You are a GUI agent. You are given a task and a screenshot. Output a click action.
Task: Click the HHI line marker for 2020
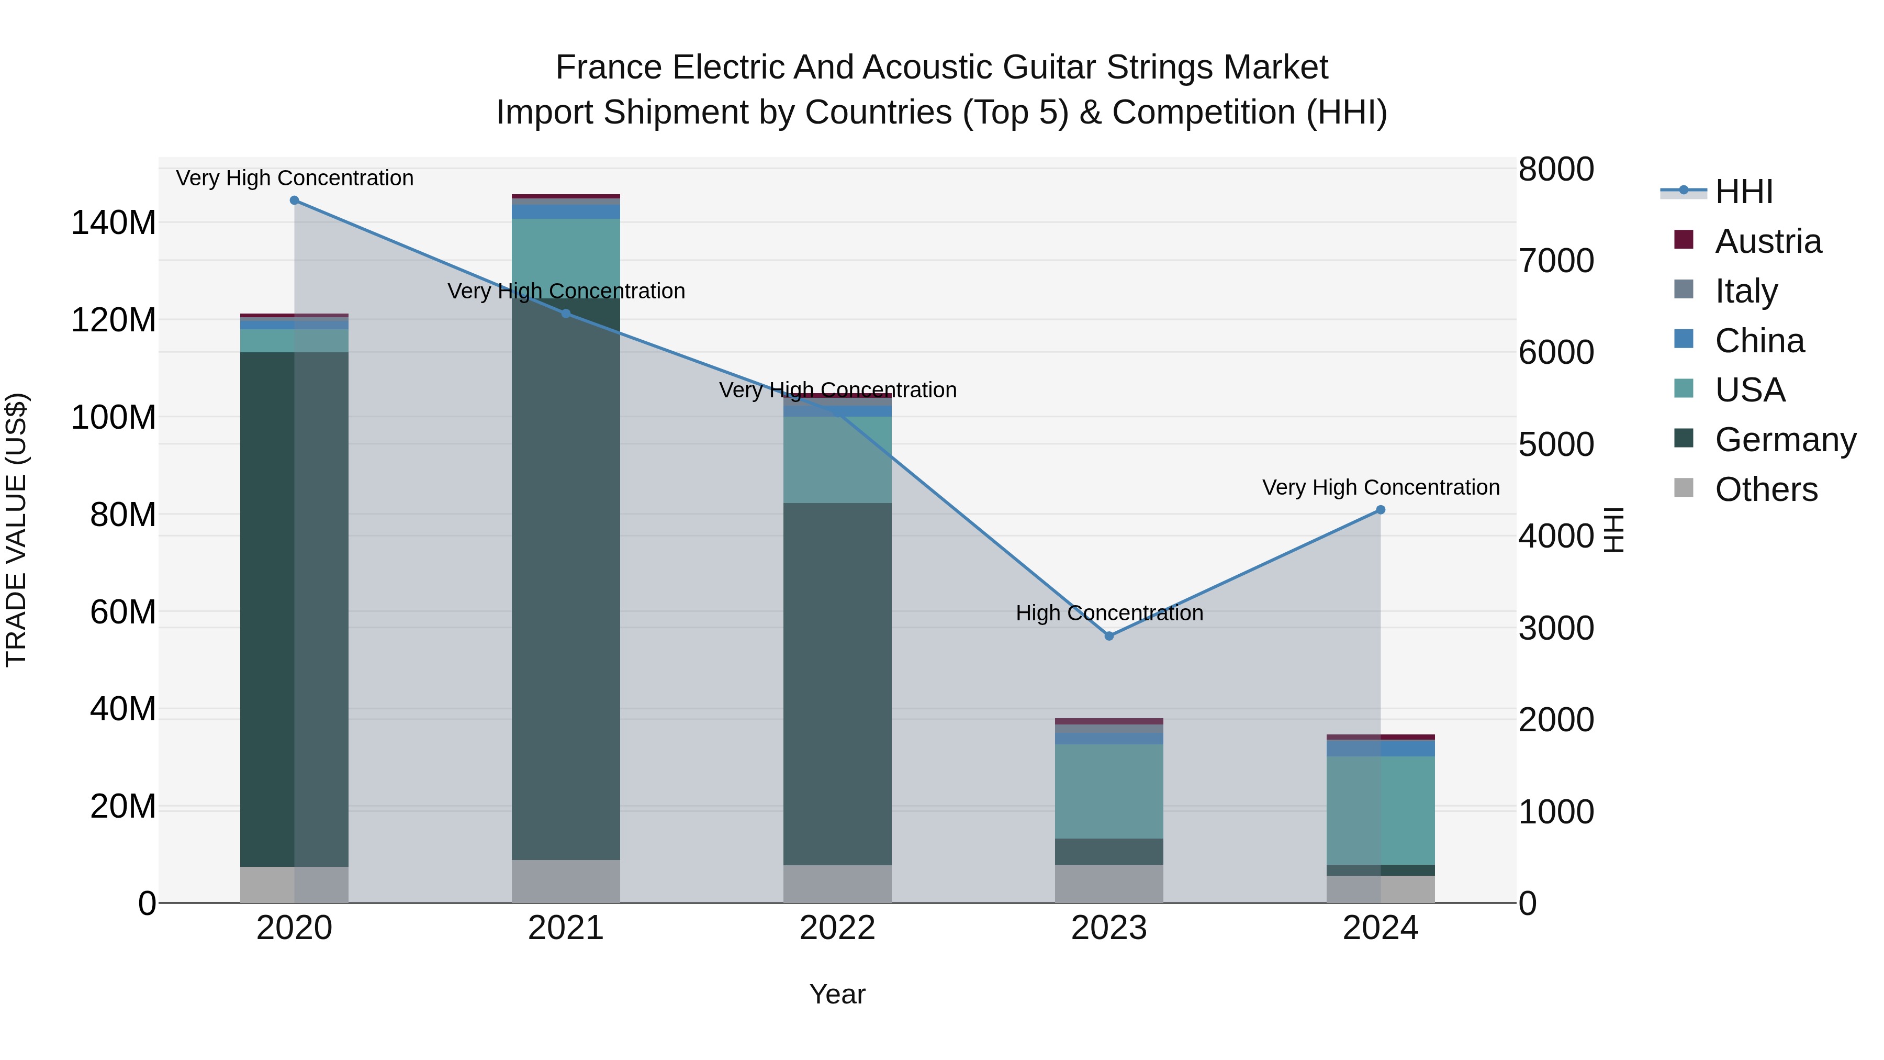(x=294, y=200)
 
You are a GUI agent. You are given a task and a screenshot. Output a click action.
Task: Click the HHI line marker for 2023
(x=1109, y=635)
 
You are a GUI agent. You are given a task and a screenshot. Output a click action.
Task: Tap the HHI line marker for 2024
(x=1380, y=510)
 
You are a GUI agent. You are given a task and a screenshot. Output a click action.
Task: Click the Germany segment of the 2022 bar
(x=837, y=684)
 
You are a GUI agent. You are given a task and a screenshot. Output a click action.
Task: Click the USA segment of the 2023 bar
(x=1109, y=791)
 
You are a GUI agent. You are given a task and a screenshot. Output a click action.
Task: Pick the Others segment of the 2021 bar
(x=565, y=881)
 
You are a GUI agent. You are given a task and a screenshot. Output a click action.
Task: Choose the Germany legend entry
(x=1785, y=440)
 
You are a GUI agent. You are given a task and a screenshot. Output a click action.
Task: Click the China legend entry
(x=1759, y=341)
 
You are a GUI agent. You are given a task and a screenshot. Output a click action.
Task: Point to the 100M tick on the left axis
(x=114, y=418)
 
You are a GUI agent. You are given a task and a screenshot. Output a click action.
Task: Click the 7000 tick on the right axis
(x=1556, y=261)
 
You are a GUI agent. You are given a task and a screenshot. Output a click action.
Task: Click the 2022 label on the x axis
(x=837, y=928)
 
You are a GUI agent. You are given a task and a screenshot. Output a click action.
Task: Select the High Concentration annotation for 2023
(x=1109, y=613)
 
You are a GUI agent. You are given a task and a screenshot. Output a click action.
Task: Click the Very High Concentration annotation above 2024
(x=1380, y=487)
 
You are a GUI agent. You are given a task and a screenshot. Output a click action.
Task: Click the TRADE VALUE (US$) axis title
(x=16, y=530)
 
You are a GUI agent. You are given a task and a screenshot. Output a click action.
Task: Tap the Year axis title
(x=837, y=994)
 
